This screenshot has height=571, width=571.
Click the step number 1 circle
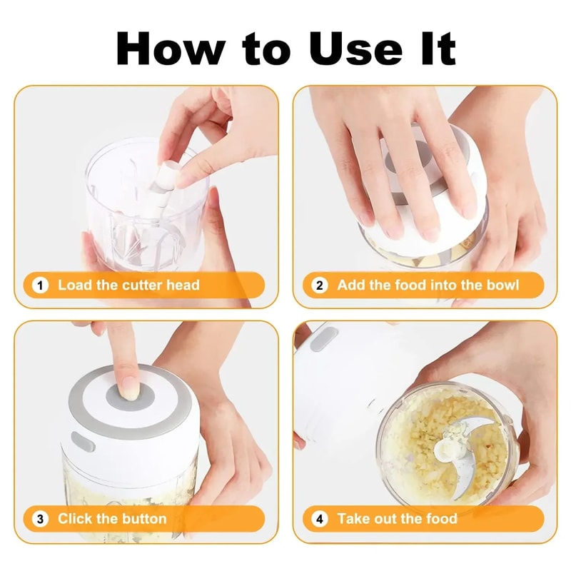coord(41,285)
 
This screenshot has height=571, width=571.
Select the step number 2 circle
coord(320,285)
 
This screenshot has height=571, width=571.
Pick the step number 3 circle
coord(41,519)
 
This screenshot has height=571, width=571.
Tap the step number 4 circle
coord(320,519)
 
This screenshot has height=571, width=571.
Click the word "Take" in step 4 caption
coord(355,519)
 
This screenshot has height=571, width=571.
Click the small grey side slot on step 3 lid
coord(81,443)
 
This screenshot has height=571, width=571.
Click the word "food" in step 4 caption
coord(437,519)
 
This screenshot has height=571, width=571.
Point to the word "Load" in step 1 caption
coord(75,285)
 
